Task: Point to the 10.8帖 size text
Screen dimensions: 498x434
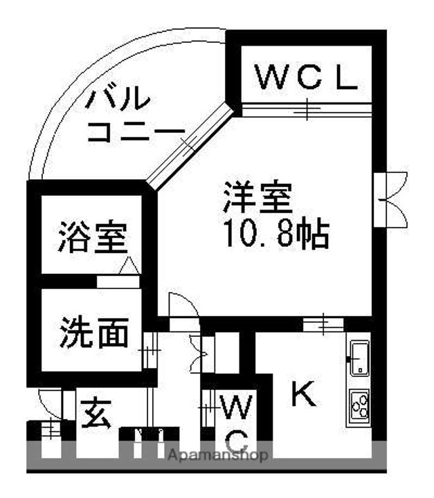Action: pyautogui.click(x=275, y=236)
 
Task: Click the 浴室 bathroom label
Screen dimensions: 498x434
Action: pyautogui.click(x=91, y=237)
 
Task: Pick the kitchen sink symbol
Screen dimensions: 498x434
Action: pyautogui.click(x=360, y=358)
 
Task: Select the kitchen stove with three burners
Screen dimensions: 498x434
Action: pyautogui.click(x=360, y=405)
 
